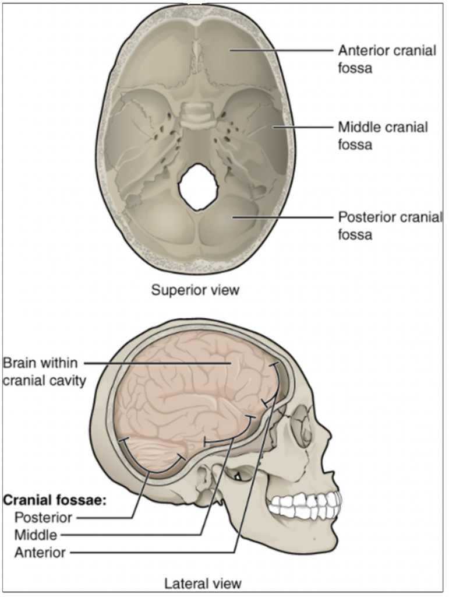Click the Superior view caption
click(x=195, y=290)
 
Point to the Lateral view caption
click(x=203, y=582)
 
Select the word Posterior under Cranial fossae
click(x=44, y=517)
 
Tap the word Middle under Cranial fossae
click(x=36, y=534)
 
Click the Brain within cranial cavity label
click(x=44, y=371)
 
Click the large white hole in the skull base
click(x=199, y=186)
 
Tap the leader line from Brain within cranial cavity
click(x=157, y=364)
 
